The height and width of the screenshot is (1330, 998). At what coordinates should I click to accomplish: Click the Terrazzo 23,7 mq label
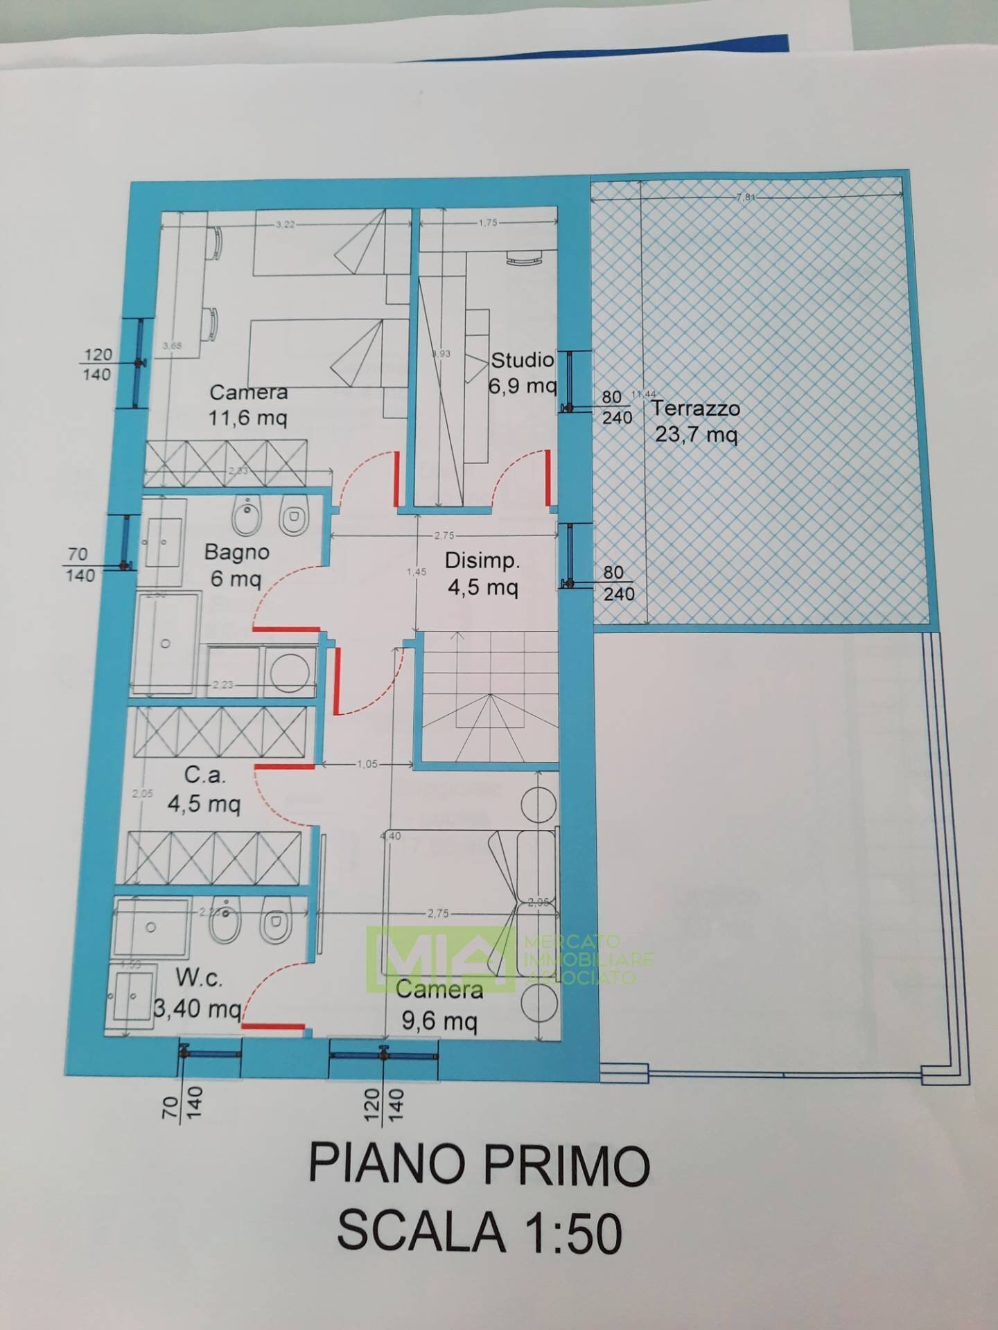pyautogui.click(x=695, y=421)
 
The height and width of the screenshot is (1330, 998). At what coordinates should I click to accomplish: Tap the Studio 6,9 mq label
pyautogui.click(x=522, y=372)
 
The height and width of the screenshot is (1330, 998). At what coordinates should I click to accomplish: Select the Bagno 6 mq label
pyautogui.click(x=236, y=565)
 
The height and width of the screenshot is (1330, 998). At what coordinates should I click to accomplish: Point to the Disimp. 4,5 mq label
pyautogui.click(x=482, y=574)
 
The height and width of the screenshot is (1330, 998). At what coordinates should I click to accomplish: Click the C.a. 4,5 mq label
pyautogui.click(x=204, y=789)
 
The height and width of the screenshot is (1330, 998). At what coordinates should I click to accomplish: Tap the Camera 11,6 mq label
pyautogui.click(x=248, y=405)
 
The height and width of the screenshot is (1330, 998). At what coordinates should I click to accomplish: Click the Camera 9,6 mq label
pyautogui.click(x=439, y=1005)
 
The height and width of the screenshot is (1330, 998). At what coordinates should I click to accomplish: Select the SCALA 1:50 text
pyautogui.click(x=480, y=1233)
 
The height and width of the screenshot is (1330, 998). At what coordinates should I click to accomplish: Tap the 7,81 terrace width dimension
pyautogui.click(x=746, y=197)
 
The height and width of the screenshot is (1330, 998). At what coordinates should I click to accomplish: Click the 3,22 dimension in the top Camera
pyautogui.click(x=286, y=224)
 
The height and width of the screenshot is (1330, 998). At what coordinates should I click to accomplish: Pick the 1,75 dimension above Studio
pyautogui.click(x=488, y=223)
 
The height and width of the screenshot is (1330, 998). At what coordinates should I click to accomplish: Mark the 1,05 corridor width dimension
pyautogui.click(x=367, y=764)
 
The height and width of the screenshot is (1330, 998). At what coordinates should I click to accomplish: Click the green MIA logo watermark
pyautogui.click(x=444, y=958)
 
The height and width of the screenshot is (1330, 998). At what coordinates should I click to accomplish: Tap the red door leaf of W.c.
pyautogui.click(x=274, y=1026)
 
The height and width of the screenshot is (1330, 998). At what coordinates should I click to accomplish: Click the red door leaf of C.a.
pyautogui.click(x=284, y=767)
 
